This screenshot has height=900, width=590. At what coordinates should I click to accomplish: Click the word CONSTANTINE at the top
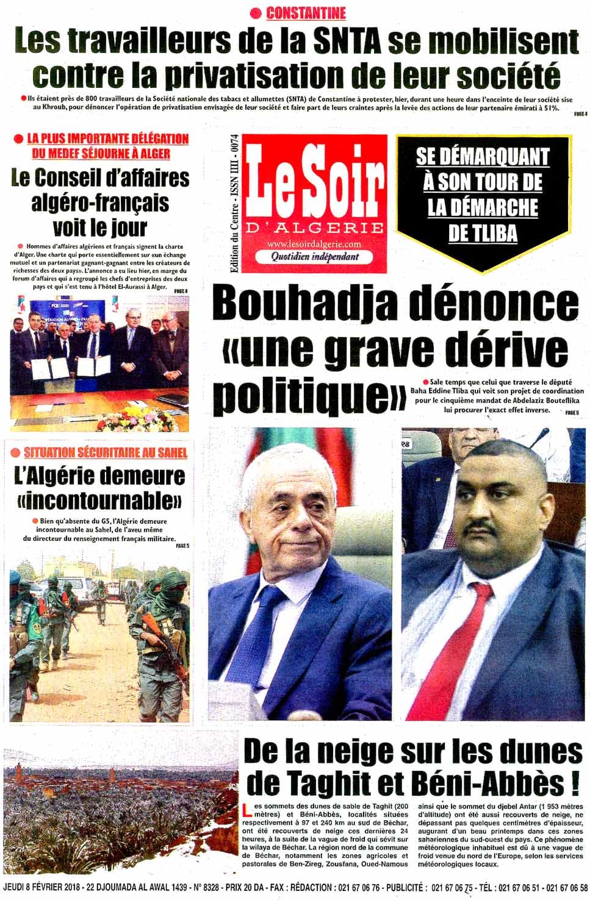306,13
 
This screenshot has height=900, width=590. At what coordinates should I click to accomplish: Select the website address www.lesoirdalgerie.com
314,245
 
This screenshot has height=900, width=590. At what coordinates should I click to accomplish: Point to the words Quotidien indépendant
314,257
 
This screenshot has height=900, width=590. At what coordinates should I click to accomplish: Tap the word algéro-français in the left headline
100,202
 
